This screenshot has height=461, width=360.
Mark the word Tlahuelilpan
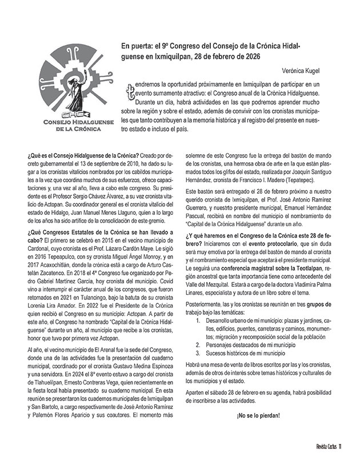[49, 385]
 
